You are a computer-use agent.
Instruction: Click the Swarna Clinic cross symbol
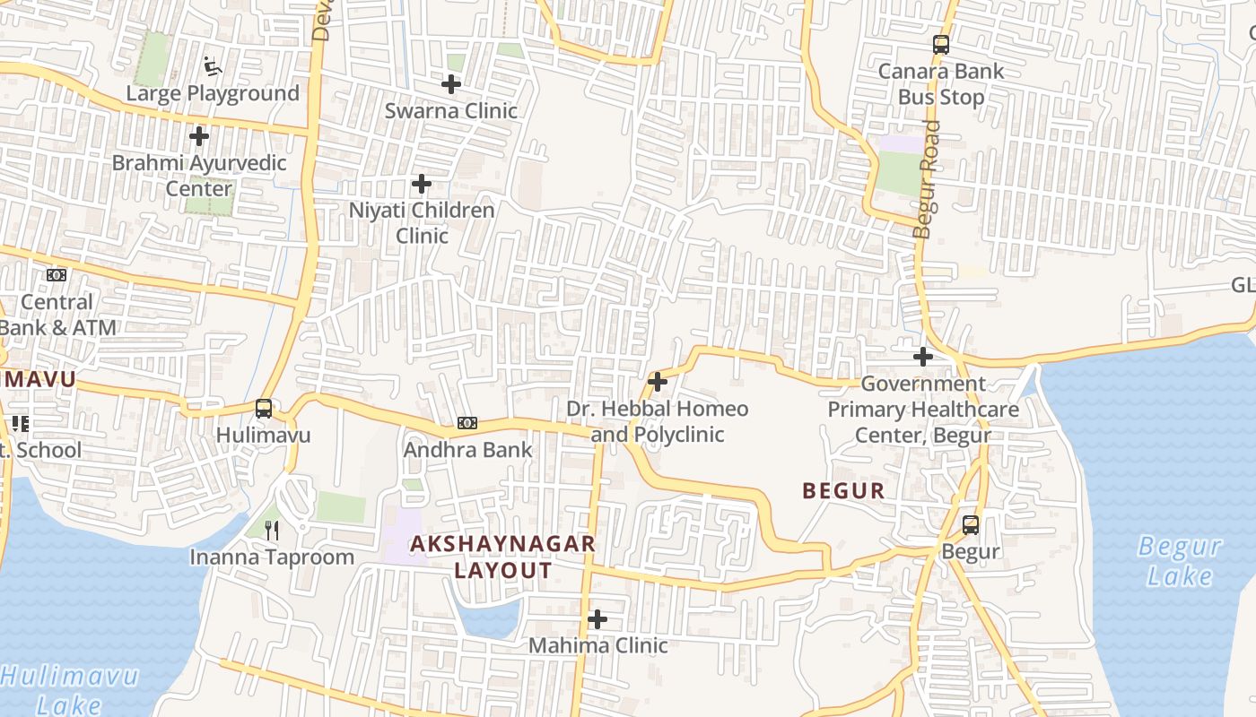pos(451,84)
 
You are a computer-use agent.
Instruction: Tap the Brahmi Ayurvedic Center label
pos(199,176)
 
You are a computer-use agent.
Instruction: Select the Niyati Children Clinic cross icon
pos(422,185)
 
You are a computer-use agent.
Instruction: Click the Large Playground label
pos(213,93)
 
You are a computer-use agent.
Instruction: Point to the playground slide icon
pos(213,66)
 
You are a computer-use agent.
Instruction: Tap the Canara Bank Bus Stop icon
pos(941,45)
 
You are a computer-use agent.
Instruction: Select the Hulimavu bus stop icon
pos(264,410)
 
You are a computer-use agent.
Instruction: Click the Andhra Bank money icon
pos(467,423)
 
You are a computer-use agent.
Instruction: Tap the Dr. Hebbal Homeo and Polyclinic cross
pos(658,382)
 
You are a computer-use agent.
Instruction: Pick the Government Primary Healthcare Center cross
pos(923,357)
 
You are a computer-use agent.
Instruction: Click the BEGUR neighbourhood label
pos(843,491)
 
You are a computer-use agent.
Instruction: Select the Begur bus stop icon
pos(971,525)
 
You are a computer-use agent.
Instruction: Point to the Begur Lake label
pos(1179,560)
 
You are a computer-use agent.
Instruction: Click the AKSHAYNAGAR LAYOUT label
pos(502,557)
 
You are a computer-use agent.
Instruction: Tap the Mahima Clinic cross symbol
pos(597,619)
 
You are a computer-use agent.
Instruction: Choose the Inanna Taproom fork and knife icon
pos(273,531)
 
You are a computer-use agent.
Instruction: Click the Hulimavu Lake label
pos(70,689)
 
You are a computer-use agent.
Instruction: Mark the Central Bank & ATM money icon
pos(57,275)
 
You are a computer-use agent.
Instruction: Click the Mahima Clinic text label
pos(597,645)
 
